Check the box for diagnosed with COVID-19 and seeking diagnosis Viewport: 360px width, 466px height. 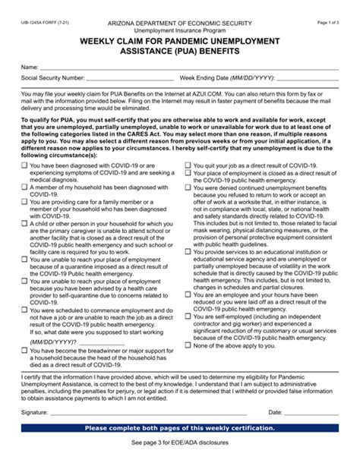(x=24, y=165)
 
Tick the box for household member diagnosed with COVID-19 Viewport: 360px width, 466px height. (x=24, y=187)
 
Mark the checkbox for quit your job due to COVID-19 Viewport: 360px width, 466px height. (x=186, y=165)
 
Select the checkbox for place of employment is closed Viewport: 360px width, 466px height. (x=186, y=172)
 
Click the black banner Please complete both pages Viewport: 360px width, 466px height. (x=180, y=429)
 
